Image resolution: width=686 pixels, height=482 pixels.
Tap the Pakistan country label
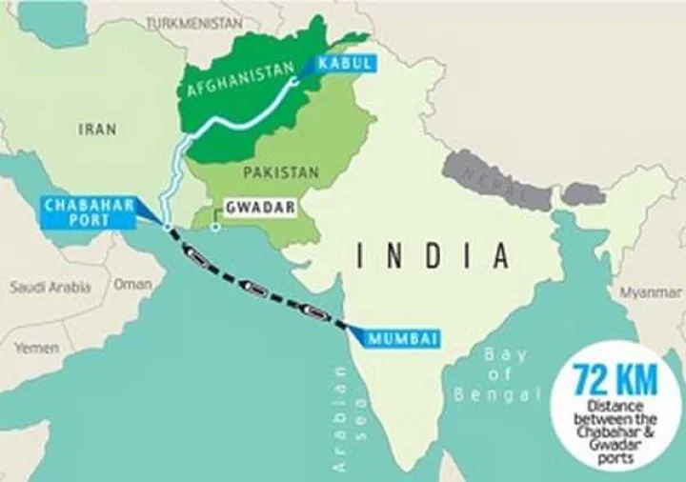coord(280,172)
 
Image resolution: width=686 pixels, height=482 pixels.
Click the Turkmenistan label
coord(194,22)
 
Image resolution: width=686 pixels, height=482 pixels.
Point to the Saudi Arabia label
coord(50,286)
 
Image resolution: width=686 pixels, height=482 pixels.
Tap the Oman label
coord(132,284)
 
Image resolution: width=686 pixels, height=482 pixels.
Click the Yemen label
coord(36,348)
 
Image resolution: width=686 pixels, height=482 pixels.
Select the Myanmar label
coord(651,292)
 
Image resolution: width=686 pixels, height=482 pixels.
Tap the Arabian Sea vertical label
coord(340,419)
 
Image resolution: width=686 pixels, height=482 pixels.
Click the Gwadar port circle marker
coord(215,227)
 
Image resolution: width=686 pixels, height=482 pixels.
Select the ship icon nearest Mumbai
coord(314,309)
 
